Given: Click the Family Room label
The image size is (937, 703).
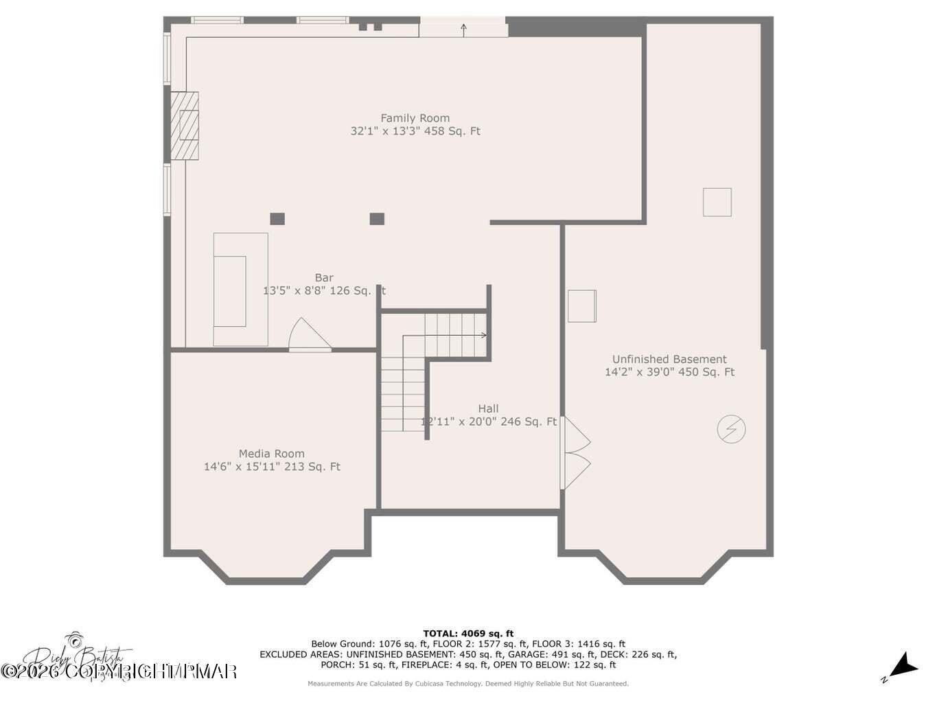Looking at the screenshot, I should click(415, 118).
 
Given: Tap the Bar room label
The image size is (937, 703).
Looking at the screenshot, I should click(324, 278).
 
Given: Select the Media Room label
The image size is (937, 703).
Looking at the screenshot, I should click(271, 454).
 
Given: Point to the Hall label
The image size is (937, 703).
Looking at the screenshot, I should click(488, 408).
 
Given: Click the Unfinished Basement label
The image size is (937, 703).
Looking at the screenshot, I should click(669, 359).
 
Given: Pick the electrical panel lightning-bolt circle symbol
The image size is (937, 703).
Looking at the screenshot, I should click(731, 429).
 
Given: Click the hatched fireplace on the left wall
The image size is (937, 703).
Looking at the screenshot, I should click(185, 126).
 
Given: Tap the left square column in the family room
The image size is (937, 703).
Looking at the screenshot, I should click(277, 219).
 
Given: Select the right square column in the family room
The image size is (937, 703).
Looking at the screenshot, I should click(377, 219).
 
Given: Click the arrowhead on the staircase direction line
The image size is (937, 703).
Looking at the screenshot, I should click(484, 335).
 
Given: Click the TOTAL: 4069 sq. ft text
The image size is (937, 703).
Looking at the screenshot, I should click(468, 634).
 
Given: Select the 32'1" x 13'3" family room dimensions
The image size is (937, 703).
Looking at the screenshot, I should click(415, 131).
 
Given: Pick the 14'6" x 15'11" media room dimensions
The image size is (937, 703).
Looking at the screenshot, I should click(272, 467).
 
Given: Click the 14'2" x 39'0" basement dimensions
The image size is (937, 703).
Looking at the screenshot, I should click(669, 372).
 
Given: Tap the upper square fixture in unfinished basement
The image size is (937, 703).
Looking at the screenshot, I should click(717, 203).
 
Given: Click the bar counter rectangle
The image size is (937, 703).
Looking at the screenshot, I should click(240, 289).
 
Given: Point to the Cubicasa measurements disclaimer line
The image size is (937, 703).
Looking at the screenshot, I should click(468, 684).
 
